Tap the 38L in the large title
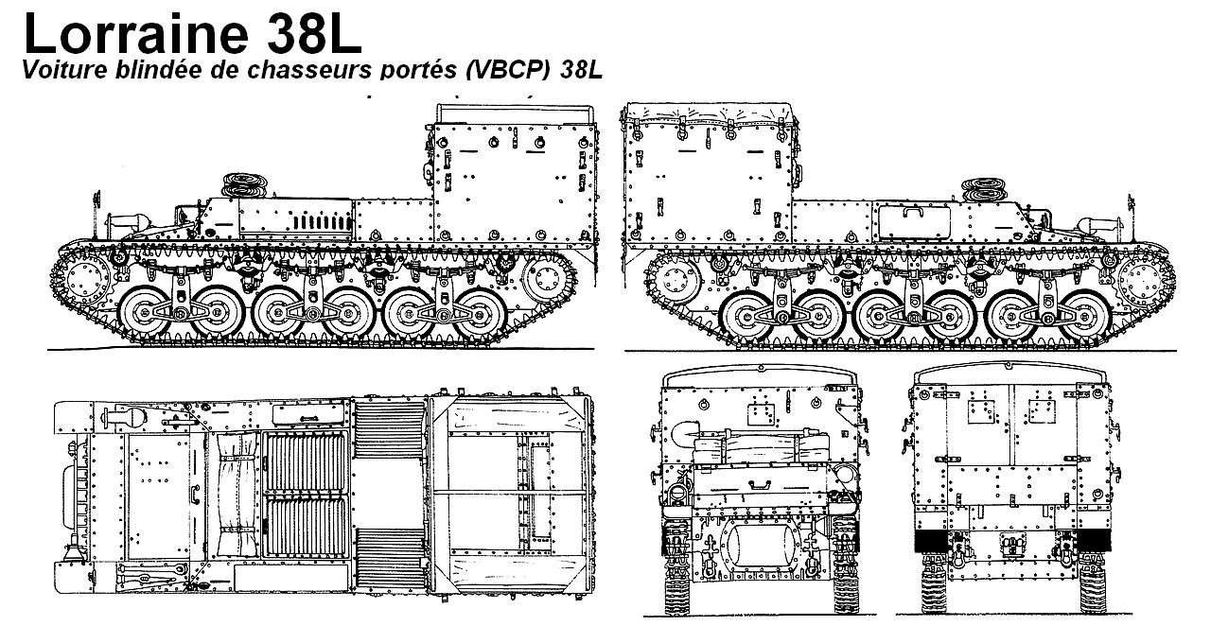tap(307, 34)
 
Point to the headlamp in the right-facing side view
tap(1101, 225)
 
